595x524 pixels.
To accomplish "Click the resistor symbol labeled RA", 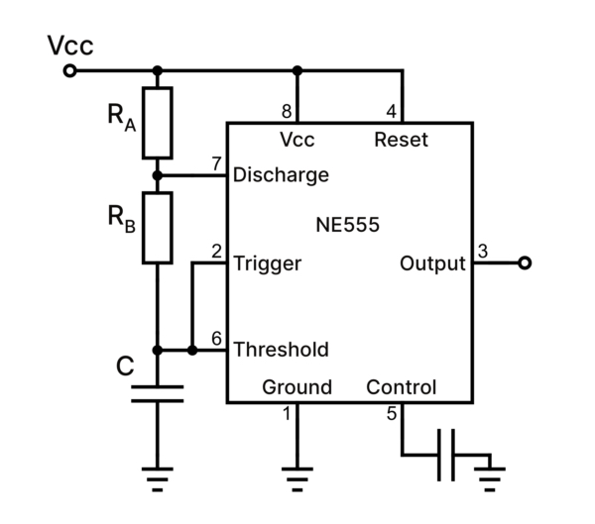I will (157, 122).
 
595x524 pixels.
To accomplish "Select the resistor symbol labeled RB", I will (157, 228).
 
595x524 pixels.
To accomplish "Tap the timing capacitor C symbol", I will (157, 393).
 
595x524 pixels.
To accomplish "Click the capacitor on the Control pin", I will (447, 455).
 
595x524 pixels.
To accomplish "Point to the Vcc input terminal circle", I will (68, 71).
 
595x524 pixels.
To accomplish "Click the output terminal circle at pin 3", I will (525, 263).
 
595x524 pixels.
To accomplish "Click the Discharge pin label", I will (280, 175).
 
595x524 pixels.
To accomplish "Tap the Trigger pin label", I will (267, 263).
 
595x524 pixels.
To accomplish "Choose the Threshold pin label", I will (281, 350).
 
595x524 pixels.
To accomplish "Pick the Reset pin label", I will (401, 140).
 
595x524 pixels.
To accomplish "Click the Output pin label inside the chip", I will (432, 263).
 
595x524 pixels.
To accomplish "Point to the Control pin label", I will (401, 387).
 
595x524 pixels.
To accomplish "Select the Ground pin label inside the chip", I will (297, 387).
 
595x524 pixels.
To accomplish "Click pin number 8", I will (286, 111).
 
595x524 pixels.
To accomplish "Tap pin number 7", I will (216, 163).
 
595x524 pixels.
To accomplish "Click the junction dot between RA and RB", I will (157, 175).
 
